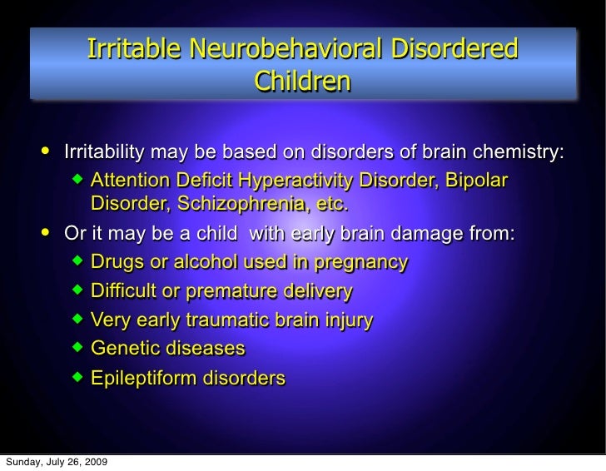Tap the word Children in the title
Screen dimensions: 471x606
tap(302, 82)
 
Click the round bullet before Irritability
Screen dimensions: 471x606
tap(45, 152)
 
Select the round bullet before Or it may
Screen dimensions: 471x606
tap(45, 234)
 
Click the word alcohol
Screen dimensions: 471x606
tap(207, 263)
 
